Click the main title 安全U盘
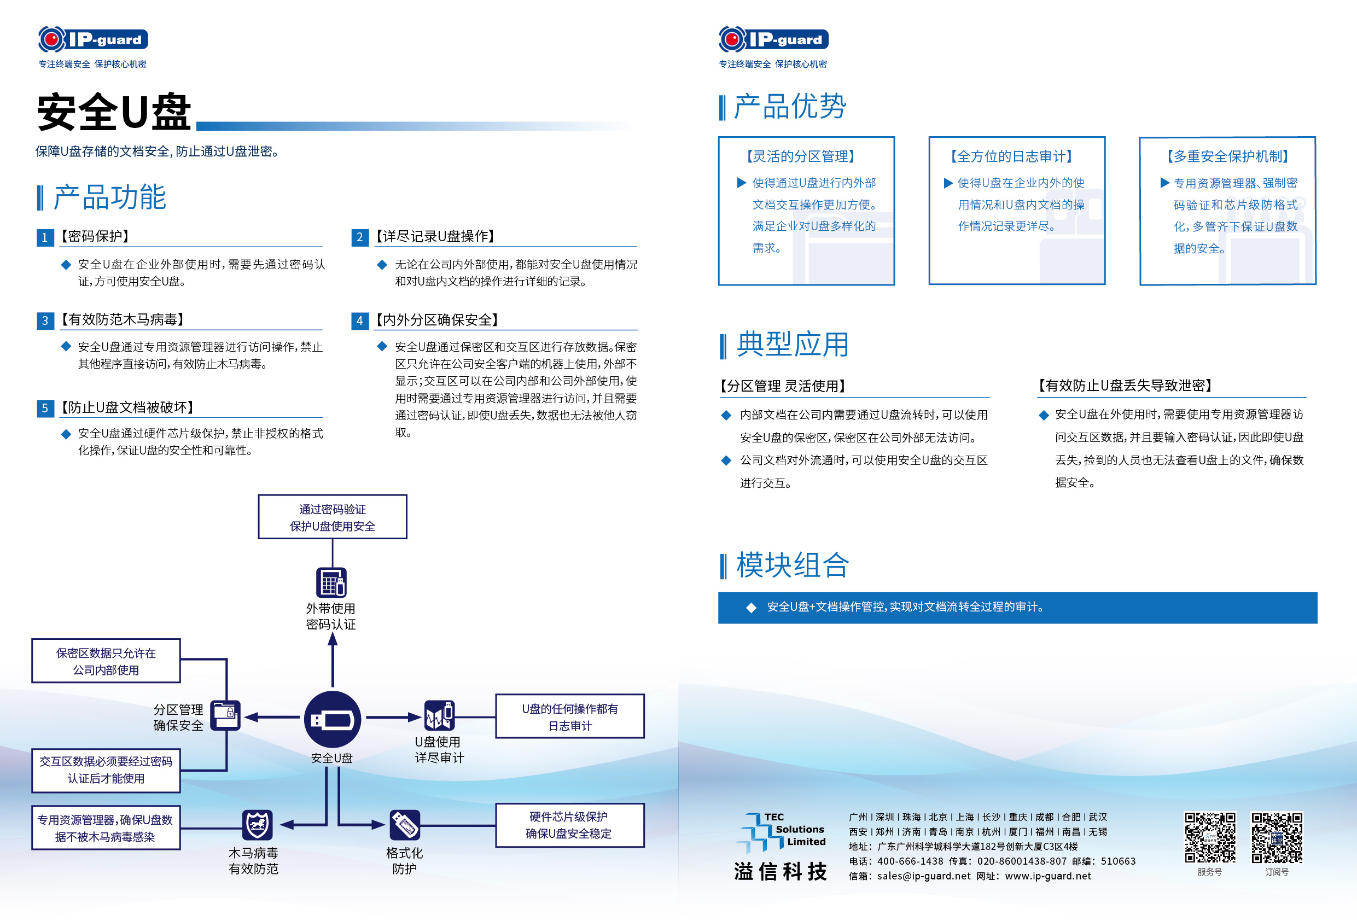tap(114, 112)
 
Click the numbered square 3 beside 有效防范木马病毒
tap(45, 320)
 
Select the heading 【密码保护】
tap(95, 236)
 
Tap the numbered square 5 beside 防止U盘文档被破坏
tap(45, 407)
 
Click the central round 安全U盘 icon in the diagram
tap(332, 719)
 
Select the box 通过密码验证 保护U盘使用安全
tap(332, 517)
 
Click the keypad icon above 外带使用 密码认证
tap(331, 582)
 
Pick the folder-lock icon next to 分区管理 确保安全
tap(225, 714)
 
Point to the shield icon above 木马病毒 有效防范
tap(257, 825)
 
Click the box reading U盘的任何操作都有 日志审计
tap(569, 716)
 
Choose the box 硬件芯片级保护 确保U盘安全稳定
tap(569, 825)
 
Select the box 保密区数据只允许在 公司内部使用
tap(106, 661)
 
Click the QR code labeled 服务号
tap(1209, 837)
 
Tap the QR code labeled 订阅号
tap(1277, 837)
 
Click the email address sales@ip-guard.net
tap(924, 876)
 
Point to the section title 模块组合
tap(792, 566)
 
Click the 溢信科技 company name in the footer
tap(780, 871)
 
